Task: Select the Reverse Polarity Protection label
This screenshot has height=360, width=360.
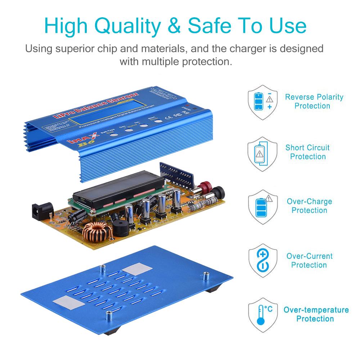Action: coord(314,102)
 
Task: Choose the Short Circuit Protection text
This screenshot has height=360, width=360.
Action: coord(307,152)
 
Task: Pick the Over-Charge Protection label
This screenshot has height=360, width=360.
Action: coord(309,206)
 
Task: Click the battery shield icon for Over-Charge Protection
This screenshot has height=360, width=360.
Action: coord(263,207)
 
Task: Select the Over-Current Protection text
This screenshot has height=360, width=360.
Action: coord(309,260)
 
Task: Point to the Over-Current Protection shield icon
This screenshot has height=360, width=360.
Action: coord(263,260)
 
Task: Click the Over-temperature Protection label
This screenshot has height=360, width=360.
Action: coord(316,314)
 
